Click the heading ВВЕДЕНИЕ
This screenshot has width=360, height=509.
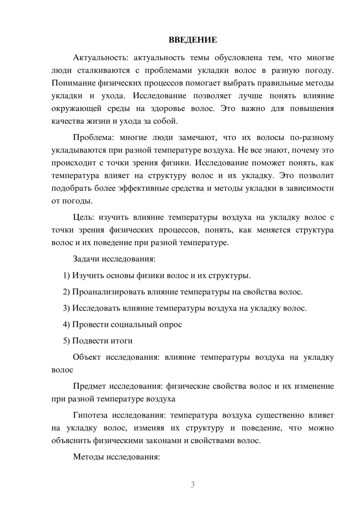click(193, 40)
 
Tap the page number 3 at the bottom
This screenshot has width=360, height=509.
click(193, 485)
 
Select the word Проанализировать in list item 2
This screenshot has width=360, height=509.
click(109, 292)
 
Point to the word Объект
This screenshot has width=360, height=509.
click(86, 357)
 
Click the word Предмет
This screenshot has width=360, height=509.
click(89, 386)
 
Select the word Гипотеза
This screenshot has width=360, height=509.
click(90, 415)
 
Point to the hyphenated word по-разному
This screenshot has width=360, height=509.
click(311, 138)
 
